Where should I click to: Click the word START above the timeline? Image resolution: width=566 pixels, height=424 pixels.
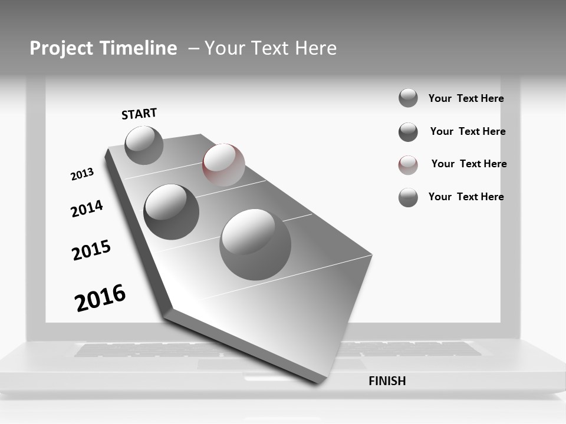(139, 114)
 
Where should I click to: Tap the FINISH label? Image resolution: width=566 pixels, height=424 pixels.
(387, 381)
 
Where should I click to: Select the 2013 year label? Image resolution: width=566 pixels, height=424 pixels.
(82, 174)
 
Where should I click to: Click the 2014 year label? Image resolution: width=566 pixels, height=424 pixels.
(87, 208)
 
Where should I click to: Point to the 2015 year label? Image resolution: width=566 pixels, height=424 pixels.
(91, 250)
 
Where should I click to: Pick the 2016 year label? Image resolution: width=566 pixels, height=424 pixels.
(100, 298)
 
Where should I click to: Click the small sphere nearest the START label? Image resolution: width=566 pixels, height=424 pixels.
(144, 145)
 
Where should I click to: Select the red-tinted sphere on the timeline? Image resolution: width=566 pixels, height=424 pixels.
(223, 165)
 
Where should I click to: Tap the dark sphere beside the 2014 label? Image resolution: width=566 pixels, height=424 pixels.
(172, 212)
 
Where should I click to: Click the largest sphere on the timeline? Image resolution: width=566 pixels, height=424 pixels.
(255, 244)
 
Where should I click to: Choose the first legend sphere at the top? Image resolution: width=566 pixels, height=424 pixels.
(408, 98)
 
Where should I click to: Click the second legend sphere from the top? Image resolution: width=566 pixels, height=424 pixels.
(408, 132)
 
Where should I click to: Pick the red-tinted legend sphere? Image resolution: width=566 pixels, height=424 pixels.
(408, 165)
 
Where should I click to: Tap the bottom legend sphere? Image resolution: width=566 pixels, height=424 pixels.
(408, 197)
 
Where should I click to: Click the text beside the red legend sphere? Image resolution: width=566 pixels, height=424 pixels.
(469, 164)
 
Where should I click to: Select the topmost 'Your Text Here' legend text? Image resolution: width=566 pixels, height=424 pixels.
(466, 98)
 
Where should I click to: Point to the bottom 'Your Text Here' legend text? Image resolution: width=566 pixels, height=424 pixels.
(466, 197)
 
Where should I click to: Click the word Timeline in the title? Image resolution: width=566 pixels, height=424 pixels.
(139, 48)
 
